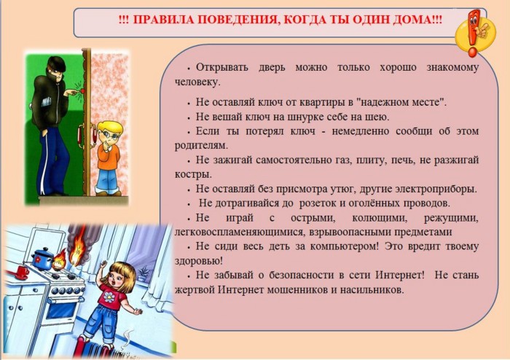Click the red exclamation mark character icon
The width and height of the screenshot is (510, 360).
point(474,33)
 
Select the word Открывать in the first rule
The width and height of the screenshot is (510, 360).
point(221,67)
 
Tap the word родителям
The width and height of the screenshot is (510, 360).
point(201,145)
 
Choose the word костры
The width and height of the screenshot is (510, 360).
point(193,174)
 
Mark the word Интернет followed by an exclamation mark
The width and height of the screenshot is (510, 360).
point(400,275)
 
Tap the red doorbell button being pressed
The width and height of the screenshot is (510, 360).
point(84,91)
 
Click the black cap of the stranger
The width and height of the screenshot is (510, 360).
point(57,64)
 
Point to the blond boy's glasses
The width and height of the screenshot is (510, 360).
point(109,135)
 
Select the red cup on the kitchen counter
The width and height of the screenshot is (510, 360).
point(22,273)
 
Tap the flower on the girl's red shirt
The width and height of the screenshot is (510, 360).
point(109,297)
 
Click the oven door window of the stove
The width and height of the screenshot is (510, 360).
point(60,310)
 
